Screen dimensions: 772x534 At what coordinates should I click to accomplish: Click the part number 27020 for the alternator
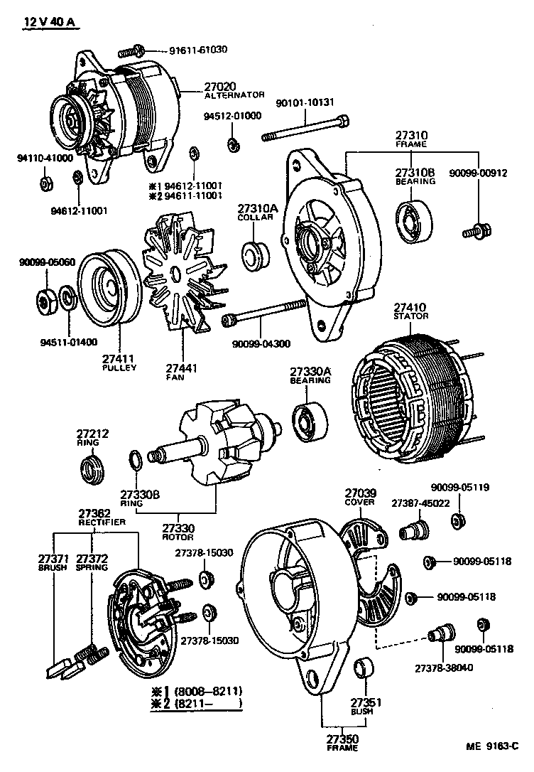(x=220, y=85)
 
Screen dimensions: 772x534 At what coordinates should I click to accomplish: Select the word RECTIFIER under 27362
(x=102, y=522)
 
